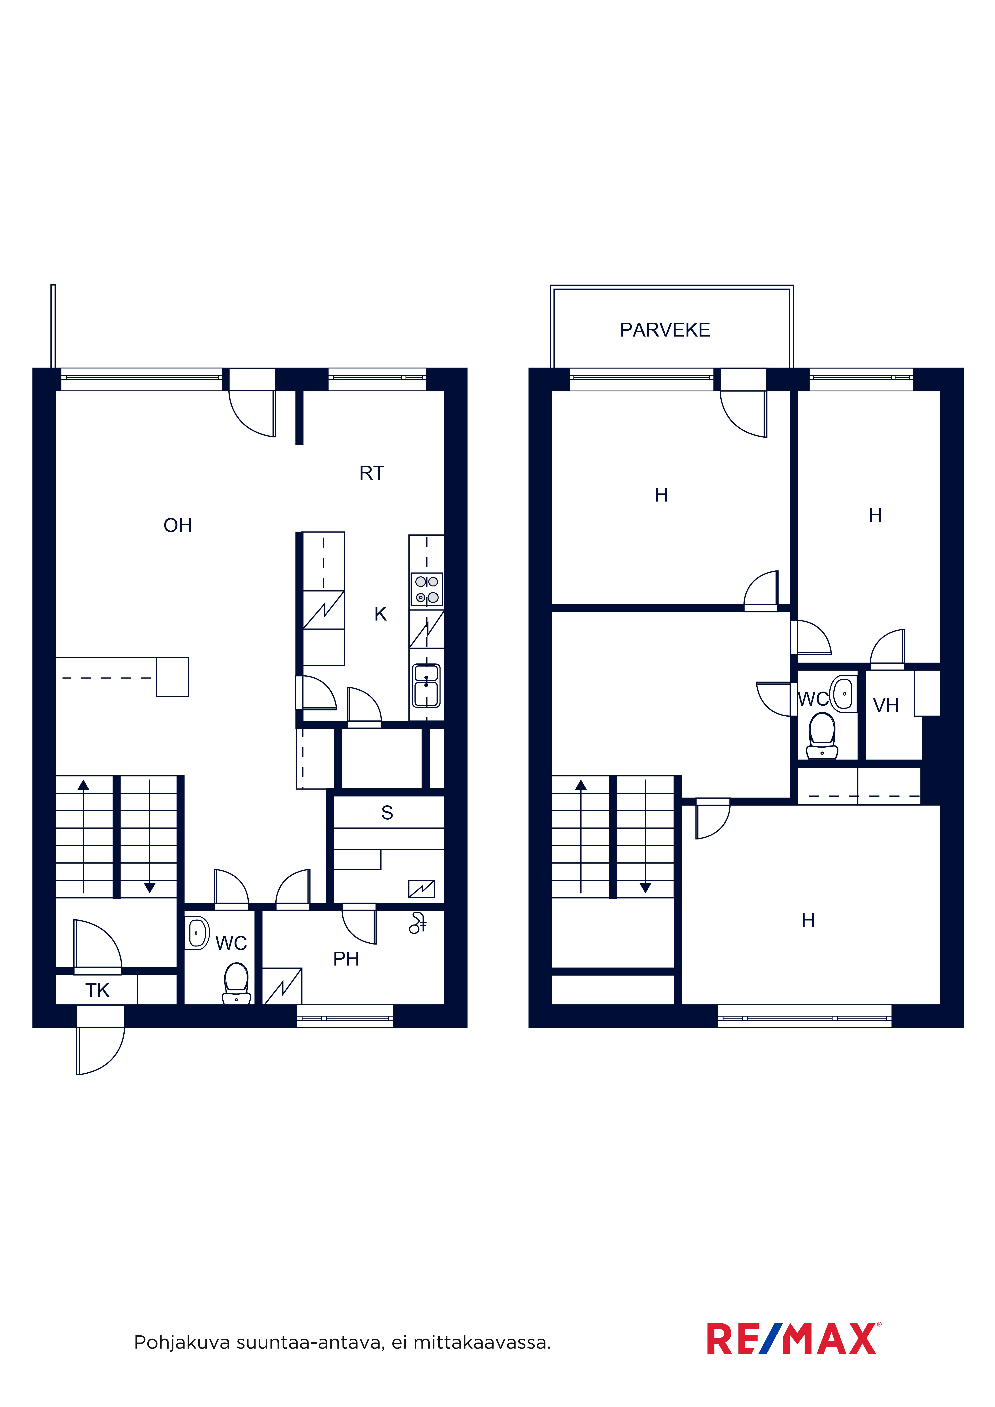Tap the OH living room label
pos(178,525)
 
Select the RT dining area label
pos(371,473)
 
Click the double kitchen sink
pos(426,686)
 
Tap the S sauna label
pos(387,813)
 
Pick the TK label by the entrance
pos(97,990)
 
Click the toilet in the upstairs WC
pos(822,736)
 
